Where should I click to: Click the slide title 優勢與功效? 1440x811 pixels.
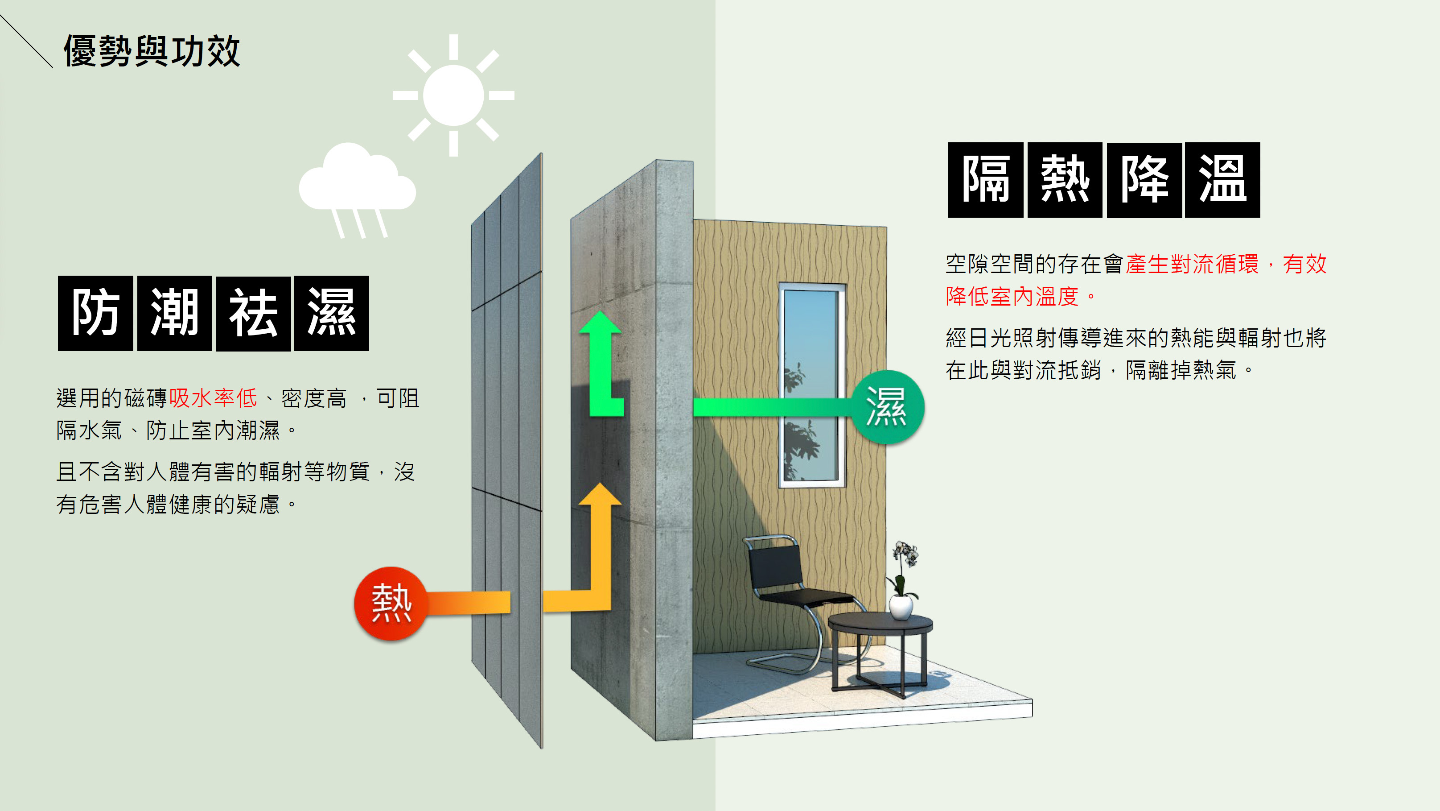coord(152,51)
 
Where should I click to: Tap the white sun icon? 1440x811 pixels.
coord(453,95)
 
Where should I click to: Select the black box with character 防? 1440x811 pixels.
coord(95,313)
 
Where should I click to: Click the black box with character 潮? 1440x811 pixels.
coord(174,313)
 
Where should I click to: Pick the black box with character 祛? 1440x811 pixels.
coord(253,313)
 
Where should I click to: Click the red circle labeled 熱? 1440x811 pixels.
coord(391,603)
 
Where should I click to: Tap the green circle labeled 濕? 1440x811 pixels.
coord(887,407)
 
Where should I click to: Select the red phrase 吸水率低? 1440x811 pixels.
coord(213,398)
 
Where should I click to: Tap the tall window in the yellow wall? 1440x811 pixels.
coord(812,385)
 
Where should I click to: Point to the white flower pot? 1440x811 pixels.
coord(901,607)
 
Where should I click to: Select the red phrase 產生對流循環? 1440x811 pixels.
coord(1192,264)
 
